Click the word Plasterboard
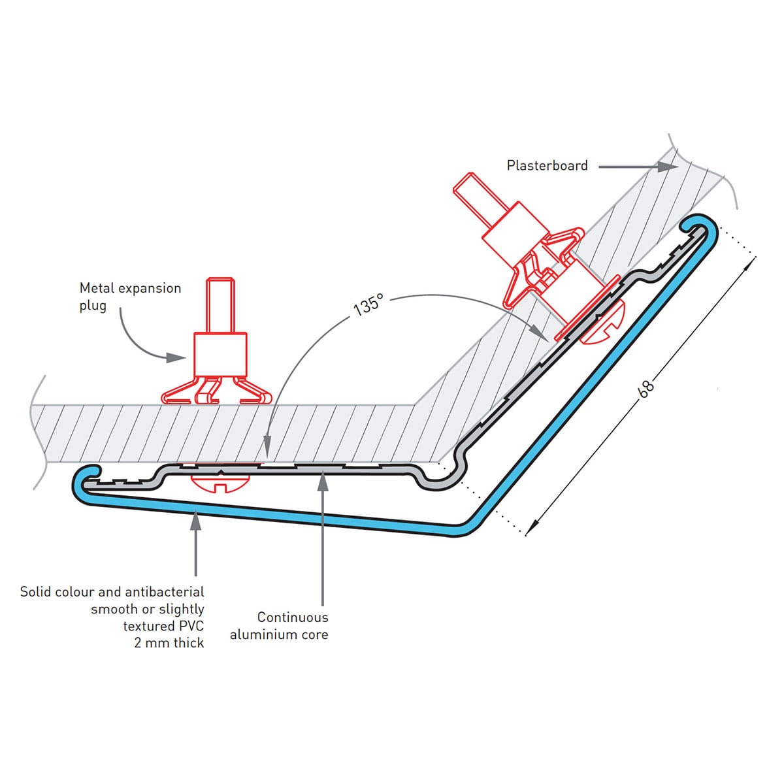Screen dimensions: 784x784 click(x=547, y=166)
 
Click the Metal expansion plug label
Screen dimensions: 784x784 click(x=130, y=297)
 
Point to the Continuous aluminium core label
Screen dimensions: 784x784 click(x=279, y=626)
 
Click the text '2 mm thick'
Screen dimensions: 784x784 click(x=169, y=643)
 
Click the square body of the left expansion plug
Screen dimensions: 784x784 click(x=220, y=354)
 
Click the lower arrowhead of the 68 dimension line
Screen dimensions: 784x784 click(x=532, y=527)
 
